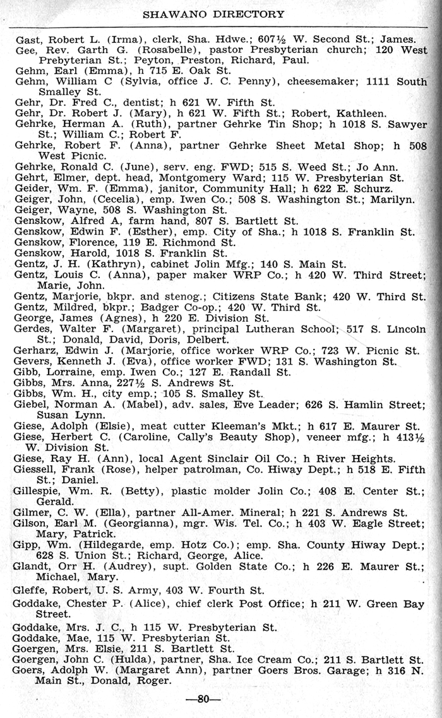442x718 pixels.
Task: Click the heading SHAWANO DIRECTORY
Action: point(214,13)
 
